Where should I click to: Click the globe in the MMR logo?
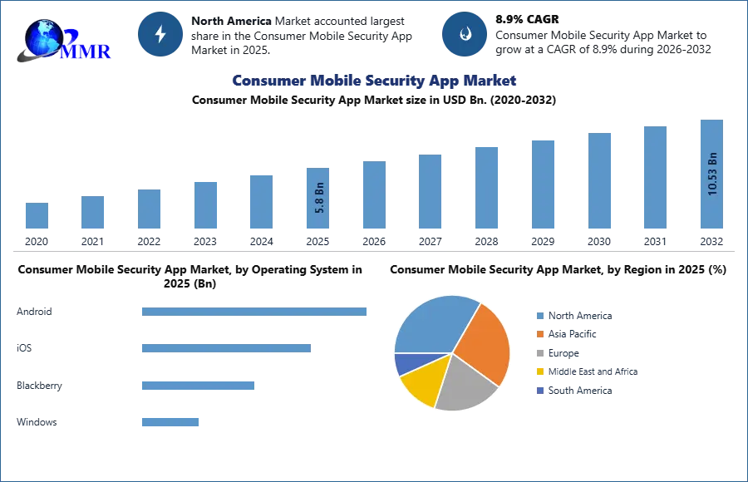[x=42, y=35]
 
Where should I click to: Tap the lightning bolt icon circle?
[x=160, y=34]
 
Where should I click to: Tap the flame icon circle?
[x=465, y=34]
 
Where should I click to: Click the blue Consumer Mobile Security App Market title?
[x=374, y=81]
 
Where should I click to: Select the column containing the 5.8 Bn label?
[x=319, y=199]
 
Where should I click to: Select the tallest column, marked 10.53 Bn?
[x=711, y=175]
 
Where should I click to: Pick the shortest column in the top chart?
[x=36, y=215]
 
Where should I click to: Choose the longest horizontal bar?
[x=255, y=312]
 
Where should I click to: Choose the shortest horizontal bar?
[x=170, y=422]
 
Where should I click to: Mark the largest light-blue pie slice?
[x=432, y=324]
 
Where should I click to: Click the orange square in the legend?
[x=539, y=334]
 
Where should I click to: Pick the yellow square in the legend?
[x=539, y=371]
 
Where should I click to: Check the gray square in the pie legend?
[x=539, y=353]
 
